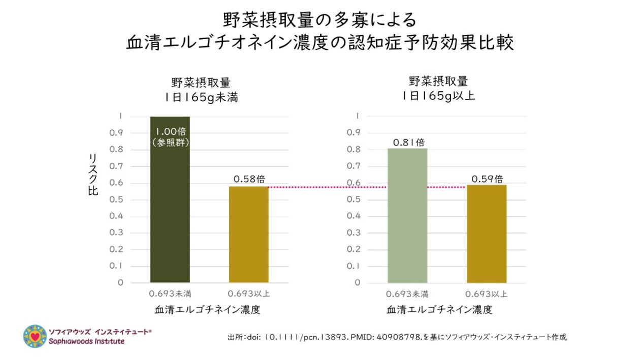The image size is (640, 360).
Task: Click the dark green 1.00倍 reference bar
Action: pyautogui.click(x=170, y=213)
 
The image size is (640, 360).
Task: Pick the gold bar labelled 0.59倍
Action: pyautogui.click(x=487, y=234)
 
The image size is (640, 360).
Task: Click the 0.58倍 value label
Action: pyautogui.click(x=249, y=179)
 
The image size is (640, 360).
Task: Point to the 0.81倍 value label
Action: pyautogui.click(x=408, y=143)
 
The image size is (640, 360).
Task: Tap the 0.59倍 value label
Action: pyautogui.click(x=487, y=179)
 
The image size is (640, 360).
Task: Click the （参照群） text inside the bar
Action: pyautogui.click(x=170, y=144)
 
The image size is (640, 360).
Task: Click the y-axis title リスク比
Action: pyautogui.click(x=93, y=174)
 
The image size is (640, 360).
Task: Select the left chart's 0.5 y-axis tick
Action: pyautogui.click(x=117, y=199)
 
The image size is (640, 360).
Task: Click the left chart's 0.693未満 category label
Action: pyautogui.click(x=170, y=293)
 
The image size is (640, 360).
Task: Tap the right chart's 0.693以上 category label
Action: pyautogui.click(x=487, y=293)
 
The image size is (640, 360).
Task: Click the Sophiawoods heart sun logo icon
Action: pyautogui.click(x=35, y=337)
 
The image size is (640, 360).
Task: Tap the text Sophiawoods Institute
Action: pyautogui.click(x=86, y=341)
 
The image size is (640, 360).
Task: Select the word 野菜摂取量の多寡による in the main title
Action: pyautogui.click(x=319, y=20)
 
